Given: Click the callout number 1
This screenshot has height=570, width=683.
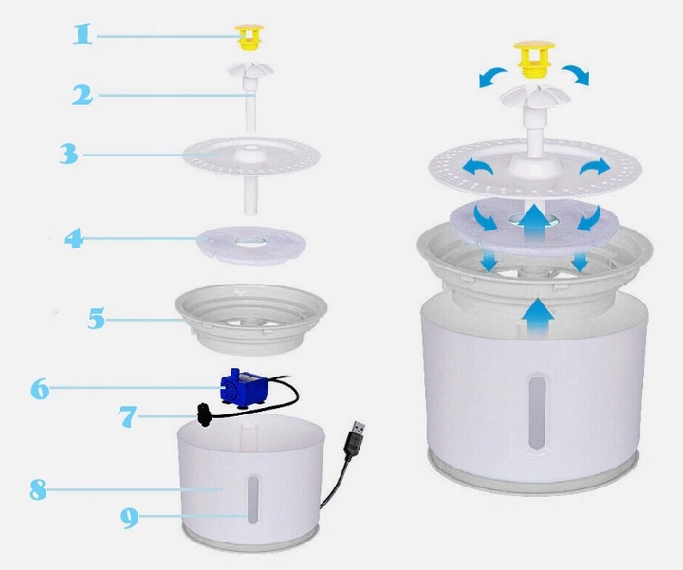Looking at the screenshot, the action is (x=83, y=34).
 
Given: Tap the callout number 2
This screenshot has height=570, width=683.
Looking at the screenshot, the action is (x=83, y=95).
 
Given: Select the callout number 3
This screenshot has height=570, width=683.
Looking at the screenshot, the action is (x=69, y=155).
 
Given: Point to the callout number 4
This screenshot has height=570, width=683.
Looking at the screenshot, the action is (x=74, y=238).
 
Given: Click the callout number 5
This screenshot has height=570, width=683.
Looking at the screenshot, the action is (x=96, y=319).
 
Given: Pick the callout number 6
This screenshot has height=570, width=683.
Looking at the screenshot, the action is (x=41, y=389).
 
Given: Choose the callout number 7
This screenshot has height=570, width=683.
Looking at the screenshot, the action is (x=128, y=416).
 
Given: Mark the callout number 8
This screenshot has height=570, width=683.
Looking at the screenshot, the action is (x=38, y=489).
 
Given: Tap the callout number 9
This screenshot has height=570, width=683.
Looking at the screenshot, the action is (x=129, y=518).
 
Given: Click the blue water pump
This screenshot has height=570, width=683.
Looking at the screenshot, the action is (x=242, y=387).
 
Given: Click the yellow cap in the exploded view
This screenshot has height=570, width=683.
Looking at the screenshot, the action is (x=249, y=37).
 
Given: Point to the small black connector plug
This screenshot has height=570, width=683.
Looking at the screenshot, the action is (x=203, y=415).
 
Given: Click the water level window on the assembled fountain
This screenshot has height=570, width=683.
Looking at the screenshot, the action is (x=537, y=413).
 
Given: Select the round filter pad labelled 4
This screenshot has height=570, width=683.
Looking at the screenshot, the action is (x=250, y=245).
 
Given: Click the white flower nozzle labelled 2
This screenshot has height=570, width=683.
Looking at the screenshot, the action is (x=250, y=97).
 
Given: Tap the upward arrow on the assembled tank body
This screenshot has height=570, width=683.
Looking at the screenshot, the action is (x=538, y=317).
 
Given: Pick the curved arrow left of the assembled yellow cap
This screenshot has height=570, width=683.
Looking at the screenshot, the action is (x=492, y=78).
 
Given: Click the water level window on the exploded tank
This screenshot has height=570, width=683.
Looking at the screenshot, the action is (x=252, y=499).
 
